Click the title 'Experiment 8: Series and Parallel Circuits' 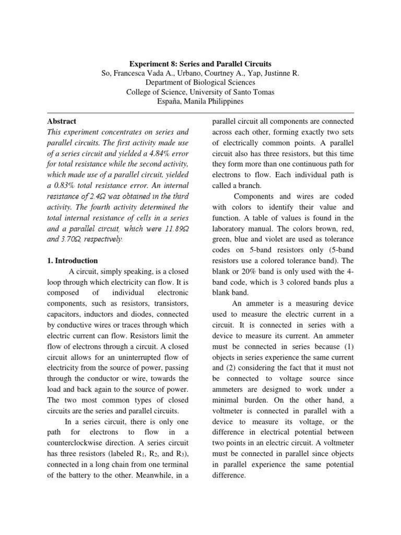click(x=200, y=64)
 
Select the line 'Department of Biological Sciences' click(x=200, y=83)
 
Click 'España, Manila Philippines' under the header click(x=200, y=101)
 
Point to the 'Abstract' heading click(x=62, y=120)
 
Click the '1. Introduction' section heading click(x=73, y=260)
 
